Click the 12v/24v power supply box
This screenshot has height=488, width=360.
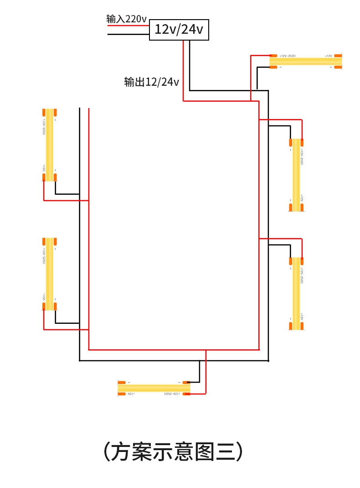coord(179,30)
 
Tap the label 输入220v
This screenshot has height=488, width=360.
coord(126,19)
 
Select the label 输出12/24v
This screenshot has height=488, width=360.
coord(151,82)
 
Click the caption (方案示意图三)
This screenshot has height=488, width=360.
coord(173,452)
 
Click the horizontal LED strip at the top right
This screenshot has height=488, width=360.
coord(305,61)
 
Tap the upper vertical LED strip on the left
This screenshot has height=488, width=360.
coord(49,144)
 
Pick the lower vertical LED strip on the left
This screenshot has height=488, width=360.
coord(49,274)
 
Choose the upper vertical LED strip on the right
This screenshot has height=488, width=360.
coord(296,175)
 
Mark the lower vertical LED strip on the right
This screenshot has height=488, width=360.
coord(296,293)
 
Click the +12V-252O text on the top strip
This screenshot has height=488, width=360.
coord(288,56)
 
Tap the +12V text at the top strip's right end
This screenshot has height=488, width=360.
coord(328,56)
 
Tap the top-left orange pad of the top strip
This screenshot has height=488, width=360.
coord(273,55)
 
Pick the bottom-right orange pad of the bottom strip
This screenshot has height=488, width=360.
coord(186,394)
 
